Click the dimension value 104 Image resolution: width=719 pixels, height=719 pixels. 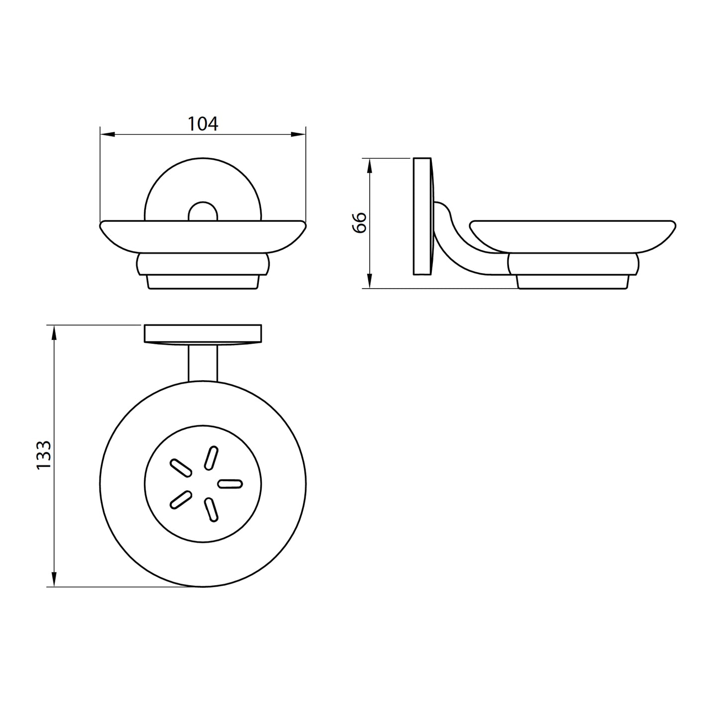click(203, 124)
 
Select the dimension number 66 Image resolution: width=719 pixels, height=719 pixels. click(360, 223)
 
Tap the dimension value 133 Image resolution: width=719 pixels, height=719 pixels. click(44, 455)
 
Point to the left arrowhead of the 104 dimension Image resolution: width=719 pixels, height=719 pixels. click(107, 134)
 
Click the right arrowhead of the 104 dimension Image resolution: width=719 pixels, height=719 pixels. click(299, 134)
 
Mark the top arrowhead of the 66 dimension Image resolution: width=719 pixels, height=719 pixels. click(369, 166)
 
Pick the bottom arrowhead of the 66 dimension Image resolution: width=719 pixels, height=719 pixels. click(369, 281)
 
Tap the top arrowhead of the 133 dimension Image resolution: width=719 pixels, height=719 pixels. click(54, 332)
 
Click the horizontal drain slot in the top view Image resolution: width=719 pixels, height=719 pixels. click(230, 484)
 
